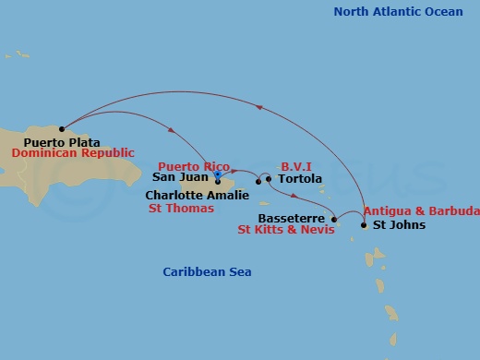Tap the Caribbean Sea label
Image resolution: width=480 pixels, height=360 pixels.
(207, 272)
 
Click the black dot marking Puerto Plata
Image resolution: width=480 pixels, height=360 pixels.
(62, 129)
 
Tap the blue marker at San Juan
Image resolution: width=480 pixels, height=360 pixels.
(217, 173)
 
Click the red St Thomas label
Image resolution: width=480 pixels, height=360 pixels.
(181, 209)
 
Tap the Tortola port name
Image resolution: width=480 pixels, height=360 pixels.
(299, 179)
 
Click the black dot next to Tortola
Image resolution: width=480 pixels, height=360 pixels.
(269, 179)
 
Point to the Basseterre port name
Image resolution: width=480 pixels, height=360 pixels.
(297, 218)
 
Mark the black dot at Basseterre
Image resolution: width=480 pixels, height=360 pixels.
(333, 219)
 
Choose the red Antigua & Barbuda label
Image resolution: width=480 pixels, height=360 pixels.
(421, 212)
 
